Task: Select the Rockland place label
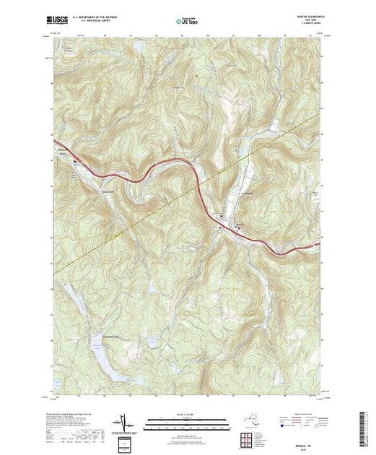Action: pos(245,192)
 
